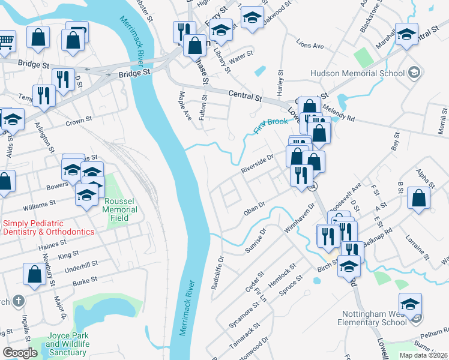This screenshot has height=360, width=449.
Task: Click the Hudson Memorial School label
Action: pyautogui.click(x=357, y=74)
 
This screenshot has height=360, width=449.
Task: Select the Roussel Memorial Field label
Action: pyautogui.click(x=120, y=210)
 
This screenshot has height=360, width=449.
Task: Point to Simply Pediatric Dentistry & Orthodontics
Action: pyautogui.click(x=48, y=227)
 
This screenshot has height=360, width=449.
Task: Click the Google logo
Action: pyautogui.click(x=20, y=353)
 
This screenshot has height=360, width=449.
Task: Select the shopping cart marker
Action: pyautogui.click(x=4, y=41)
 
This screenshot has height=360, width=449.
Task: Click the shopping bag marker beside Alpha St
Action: pyautogui.click(x=418, y=197)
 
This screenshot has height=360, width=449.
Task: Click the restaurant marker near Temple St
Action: pyautogui.click(x=44, y=96)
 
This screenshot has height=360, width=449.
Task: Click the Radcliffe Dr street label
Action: pyautogui.click(x=217, y=272)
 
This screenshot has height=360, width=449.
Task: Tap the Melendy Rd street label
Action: pyautogui.click(x=339, y=112)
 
